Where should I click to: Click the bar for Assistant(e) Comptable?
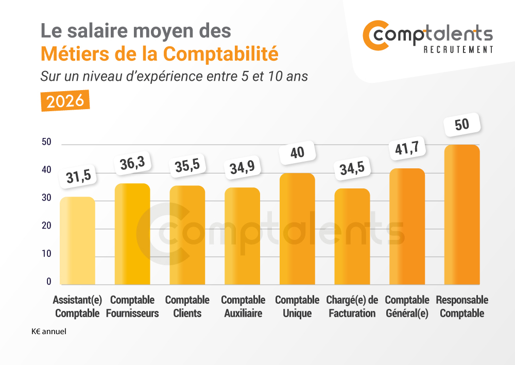coord(77,240)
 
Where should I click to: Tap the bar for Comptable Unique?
coord(297,229)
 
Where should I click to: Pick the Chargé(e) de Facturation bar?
coord(352,236)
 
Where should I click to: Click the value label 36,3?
coord(132,164)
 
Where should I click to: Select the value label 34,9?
coord(242,168)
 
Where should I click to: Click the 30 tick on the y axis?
coord(46,198)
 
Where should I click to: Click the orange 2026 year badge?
coord(65,101)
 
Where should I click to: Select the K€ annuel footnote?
coord(49,332)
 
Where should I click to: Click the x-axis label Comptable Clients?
coord(187,306)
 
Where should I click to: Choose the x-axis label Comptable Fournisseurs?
coord(132,306)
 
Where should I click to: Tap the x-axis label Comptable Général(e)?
coord(407,306)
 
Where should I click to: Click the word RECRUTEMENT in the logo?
coord(458,49)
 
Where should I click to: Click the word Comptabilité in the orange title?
coord(221,54)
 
